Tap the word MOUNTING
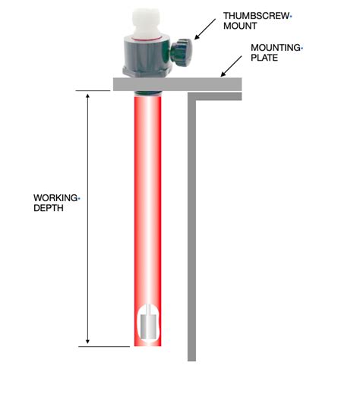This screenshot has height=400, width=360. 275,47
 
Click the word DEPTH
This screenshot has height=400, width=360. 48,209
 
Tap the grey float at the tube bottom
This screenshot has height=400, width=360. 149,326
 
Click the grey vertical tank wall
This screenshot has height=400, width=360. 192,228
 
